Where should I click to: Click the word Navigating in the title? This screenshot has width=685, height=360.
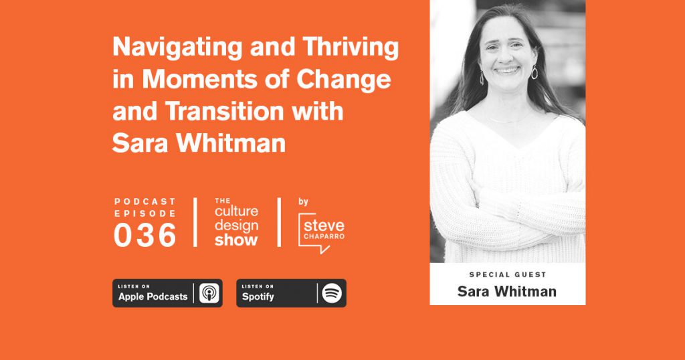[177, 48]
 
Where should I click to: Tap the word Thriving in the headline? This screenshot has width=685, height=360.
[351, 48]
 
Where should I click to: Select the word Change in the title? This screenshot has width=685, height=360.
[343, 79]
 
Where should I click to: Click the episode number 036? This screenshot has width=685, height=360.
[145, 235]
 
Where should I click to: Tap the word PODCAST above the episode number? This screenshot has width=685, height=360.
[145, 201]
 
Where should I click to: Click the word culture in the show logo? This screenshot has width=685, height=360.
[236, 211]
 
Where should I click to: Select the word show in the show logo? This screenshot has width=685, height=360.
[236, 240]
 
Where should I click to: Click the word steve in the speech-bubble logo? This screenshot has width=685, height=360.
[324, 226]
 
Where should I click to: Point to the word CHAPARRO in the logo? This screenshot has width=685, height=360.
[324, 236]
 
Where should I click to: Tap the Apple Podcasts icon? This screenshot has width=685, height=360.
[209, 293]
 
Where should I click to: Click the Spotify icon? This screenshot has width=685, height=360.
[332, 293]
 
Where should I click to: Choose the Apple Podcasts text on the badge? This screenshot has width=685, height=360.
[153, 296]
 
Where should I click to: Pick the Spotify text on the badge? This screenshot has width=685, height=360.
[258, 296]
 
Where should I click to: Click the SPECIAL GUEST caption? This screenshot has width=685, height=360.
[508, 275]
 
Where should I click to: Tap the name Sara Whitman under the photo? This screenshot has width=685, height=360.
[507, 291]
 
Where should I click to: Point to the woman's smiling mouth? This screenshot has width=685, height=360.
[507, 70]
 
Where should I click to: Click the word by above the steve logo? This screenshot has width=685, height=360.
[303, 202]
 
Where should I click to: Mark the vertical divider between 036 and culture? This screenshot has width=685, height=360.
[195, 222]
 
